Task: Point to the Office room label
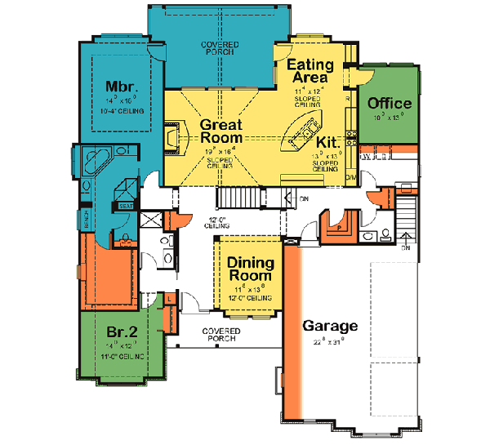[x=390, y=104]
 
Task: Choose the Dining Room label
[x=250, y=269]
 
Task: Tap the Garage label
[x=330, y=326]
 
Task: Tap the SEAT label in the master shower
[x=127, y=206]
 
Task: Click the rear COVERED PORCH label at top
[x=220, y=47]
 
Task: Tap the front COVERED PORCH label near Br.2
[x=220, y=335]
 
